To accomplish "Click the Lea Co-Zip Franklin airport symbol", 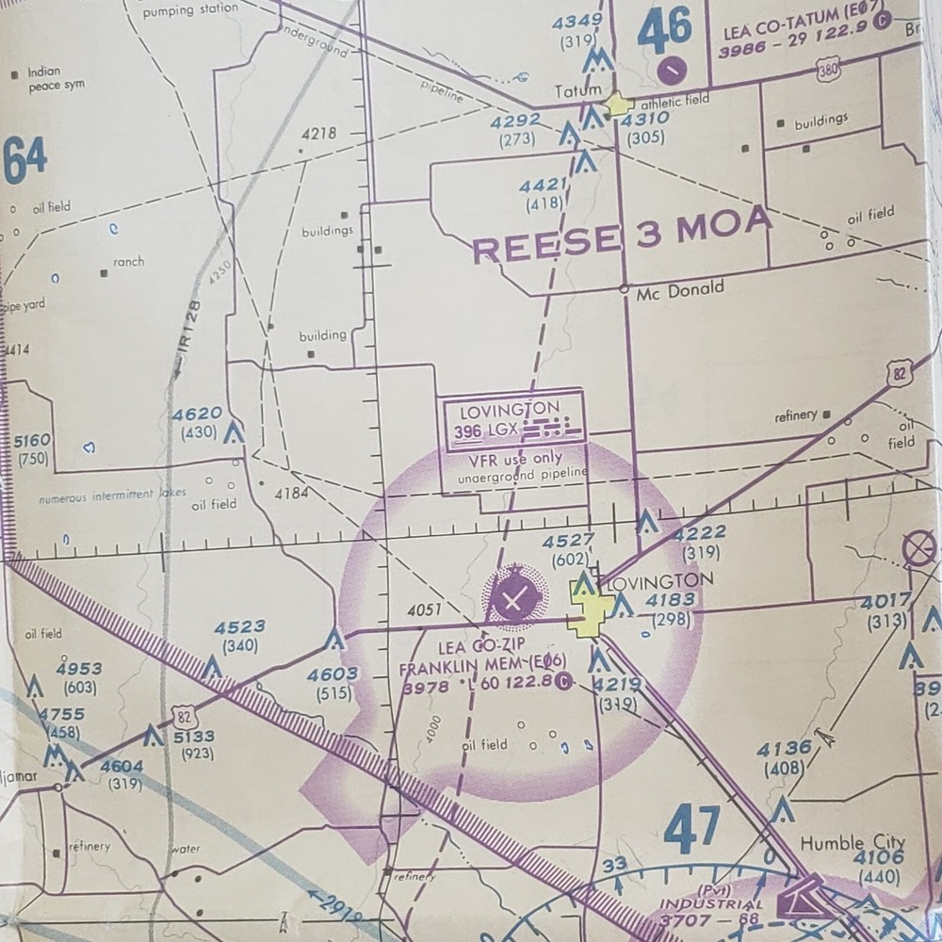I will [512, 596].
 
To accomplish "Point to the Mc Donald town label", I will [680, 291].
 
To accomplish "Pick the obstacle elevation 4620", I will [197, 414].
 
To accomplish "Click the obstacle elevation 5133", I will [193, 737].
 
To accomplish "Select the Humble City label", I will [852, 842].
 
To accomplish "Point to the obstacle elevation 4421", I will [544, 186].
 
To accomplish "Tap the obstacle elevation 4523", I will [239, 627].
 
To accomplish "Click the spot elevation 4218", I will [318, 134].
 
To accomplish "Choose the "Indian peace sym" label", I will [56, 78].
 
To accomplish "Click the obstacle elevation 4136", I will [784, 749].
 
